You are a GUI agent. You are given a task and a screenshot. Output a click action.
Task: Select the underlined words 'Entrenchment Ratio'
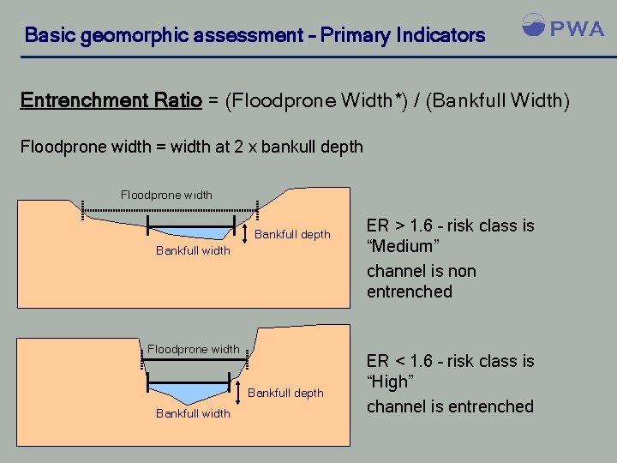pyautogui.click(x=111, y=101)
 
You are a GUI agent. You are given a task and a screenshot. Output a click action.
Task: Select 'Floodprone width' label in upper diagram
pyautogui.click(x=166, y=195)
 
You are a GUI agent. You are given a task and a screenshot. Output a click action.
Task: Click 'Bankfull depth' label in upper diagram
pyautogui.click(x=293, y=234)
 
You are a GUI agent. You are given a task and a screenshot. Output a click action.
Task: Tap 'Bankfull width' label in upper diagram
pyautogui.click(x=193, y=250)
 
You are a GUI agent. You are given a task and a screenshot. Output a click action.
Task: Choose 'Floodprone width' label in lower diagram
pyautogui.click(x=193, y=349)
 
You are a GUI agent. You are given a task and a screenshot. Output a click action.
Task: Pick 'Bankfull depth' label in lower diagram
pyautogui.click(x=285, y=393)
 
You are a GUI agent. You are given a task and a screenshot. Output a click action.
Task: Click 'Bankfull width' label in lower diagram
pyautogui.click(x=193, y=413)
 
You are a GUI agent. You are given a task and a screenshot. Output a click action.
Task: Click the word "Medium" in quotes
pyautogui.click(x=404, y=247)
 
